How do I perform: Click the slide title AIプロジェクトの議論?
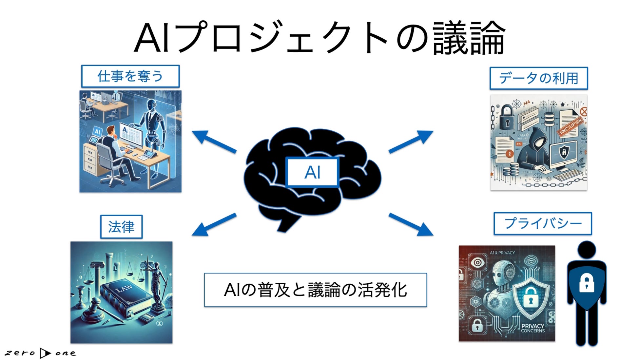(x=319, y=38)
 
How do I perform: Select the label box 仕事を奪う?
(x=130, y=76)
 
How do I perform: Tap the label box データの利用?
(x=538, y=78)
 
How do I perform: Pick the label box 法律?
(x=121, y=227)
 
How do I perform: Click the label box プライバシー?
(x=543, y=224)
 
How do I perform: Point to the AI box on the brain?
(x=312, y=172)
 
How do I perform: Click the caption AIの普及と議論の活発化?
(x=315, y=290)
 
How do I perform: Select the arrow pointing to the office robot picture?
(x=213, y=141)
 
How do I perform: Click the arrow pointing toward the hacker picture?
(x=411, y=141)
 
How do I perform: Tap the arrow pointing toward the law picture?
(x=213, y=225)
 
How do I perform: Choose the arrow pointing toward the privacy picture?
(x=411, y=225)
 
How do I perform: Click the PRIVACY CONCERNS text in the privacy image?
(x=532, y=328)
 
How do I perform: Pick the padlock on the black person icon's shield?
(x=587, y=283)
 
